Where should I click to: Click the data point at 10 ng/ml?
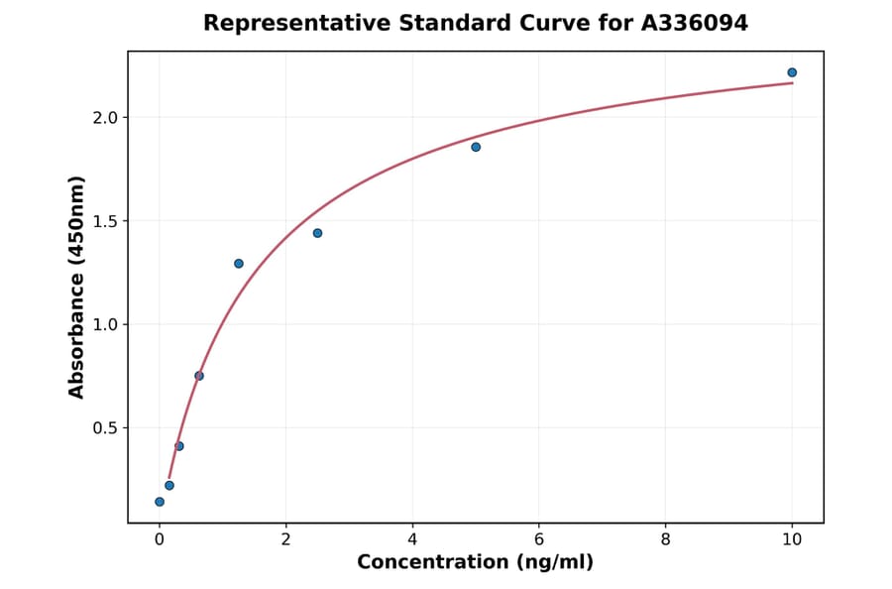tap(792, 72)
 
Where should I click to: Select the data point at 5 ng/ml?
tap(476, 147)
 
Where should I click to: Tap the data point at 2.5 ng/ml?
tap(317, 233)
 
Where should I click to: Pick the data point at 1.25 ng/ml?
tap(239, 264)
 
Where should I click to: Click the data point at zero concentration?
tap(160, 502)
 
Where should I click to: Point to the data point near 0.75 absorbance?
tap(199, 376)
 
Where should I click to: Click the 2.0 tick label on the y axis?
tap(103, 118)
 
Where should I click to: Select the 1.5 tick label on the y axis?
tap(103, 221)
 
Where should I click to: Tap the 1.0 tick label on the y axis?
tap(103, 325)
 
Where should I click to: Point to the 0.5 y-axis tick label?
tap(103, 428)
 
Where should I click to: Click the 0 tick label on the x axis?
tap(160, 539)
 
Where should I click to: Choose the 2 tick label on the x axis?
tap(285, 539)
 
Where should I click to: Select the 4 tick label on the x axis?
tap(412, 539)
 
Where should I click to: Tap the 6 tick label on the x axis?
tap(538, 539)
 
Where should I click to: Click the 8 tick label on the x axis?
tap(665, 539)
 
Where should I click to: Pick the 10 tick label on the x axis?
tap(792, 539)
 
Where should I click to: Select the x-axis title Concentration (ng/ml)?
tap(476, 563)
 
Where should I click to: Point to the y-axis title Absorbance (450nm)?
tap(77, 287)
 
